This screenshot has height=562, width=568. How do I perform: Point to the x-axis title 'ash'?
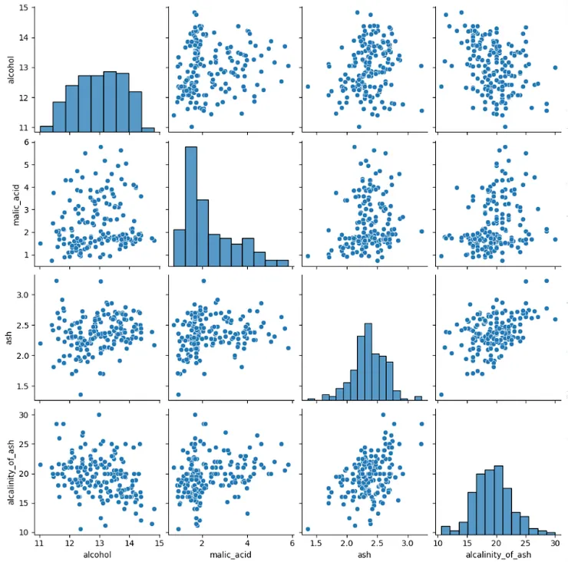coord(363,555)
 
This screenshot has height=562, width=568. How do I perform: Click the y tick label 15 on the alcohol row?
coord(24,8)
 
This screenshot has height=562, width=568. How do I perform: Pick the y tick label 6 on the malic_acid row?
coord(27,143)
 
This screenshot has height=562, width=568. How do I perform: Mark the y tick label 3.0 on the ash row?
coord(22,294)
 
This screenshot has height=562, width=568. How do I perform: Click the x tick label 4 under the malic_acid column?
coord(247,543)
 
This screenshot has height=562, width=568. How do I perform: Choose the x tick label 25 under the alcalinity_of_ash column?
coord(526,543)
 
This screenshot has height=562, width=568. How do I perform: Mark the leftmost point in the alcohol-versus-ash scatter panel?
coord(308,87)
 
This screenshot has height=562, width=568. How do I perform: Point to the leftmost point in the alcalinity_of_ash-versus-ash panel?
coord(308,529)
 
